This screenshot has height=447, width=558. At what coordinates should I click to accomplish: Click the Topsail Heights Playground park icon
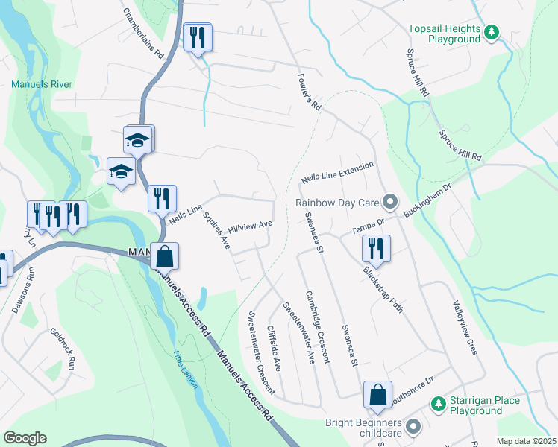(491, 32)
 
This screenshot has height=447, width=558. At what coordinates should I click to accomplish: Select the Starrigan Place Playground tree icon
(438, 404)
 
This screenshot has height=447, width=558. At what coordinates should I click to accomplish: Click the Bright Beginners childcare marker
(413, 427)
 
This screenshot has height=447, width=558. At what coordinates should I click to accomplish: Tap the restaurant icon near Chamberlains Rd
(198, 38)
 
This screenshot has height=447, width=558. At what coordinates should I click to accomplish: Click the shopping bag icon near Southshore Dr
(378, 395)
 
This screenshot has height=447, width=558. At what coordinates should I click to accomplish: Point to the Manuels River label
(42, 84)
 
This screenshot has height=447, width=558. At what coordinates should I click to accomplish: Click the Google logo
(25, 438)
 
